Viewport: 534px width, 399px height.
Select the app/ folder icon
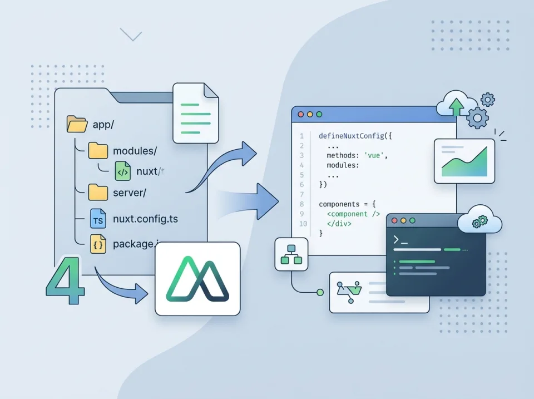pos(77,124)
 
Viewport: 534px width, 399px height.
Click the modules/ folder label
pos(135,151)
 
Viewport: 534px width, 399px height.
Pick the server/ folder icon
pos(98,193)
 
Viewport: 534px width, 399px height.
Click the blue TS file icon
pos(98,219)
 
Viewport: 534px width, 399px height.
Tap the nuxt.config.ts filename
pos(145,219)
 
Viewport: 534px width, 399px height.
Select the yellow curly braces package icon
pos(98,244)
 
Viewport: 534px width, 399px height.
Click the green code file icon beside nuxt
pos(122,171)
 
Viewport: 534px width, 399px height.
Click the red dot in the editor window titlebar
pos(301,114)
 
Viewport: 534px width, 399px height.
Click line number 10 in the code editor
pos(303,224)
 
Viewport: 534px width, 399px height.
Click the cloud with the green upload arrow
pos(457,106)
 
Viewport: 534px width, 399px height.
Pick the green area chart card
pos(464,161)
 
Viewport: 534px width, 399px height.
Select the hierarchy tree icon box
pos(291,254)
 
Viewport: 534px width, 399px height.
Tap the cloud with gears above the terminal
pos(479,219)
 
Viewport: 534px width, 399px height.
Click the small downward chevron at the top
pos(131,35)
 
